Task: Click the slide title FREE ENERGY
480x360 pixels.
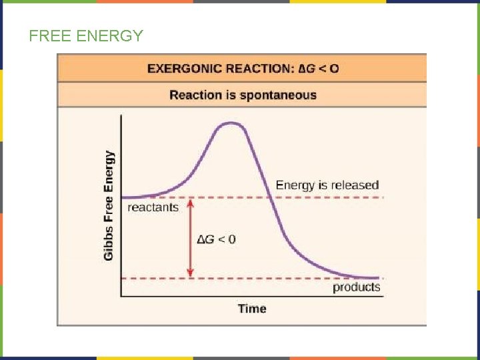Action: pyautogui.click(x=86, y=36)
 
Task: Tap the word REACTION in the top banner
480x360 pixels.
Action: pyautogui.click(x=255, y=69)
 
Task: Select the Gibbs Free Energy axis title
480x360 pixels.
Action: pyautogui.click(x=109, y=205)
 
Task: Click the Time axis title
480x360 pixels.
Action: pyautogui.click(x=252, y=309)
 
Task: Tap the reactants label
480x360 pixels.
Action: pyautogui.click(x=153, y=207)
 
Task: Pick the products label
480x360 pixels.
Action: pyautogui.click(x=357, y=287)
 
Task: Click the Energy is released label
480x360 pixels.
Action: pyautogui.click(x=327, y=185)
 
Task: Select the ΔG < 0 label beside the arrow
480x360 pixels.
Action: pyautogui.click(x=216, y=239)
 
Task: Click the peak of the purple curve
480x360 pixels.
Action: pyautogui.click(x=231, y=123)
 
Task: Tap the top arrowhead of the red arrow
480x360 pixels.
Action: pyautogui.click(x=190, y=203)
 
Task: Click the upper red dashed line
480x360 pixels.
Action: pyautogui.click(x=320, y=197)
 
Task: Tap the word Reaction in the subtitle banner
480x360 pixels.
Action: pyautogui.click(x=195, y=95)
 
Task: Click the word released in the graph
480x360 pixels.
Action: pyautogui.click(x=355, y=185)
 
